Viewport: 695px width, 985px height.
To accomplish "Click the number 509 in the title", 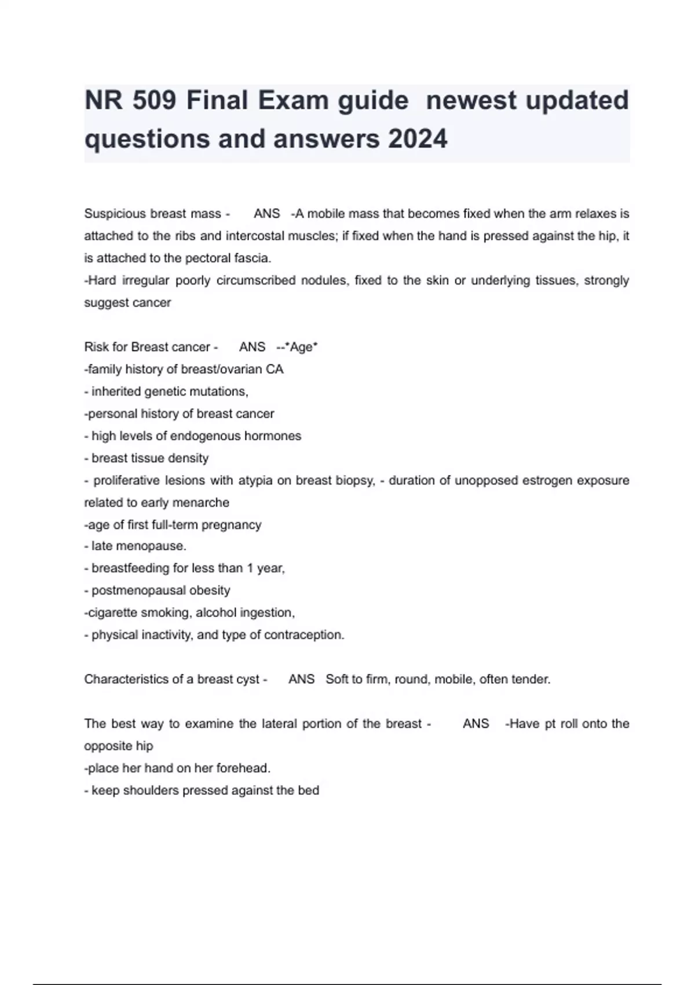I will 154,100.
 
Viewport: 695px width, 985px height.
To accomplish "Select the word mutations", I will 218,392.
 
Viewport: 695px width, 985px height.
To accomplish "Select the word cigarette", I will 111,612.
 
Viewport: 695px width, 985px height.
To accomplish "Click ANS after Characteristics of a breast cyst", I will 301,679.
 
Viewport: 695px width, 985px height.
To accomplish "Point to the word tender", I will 533,679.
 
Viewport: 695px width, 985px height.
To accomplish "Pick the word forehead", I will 243,768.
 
